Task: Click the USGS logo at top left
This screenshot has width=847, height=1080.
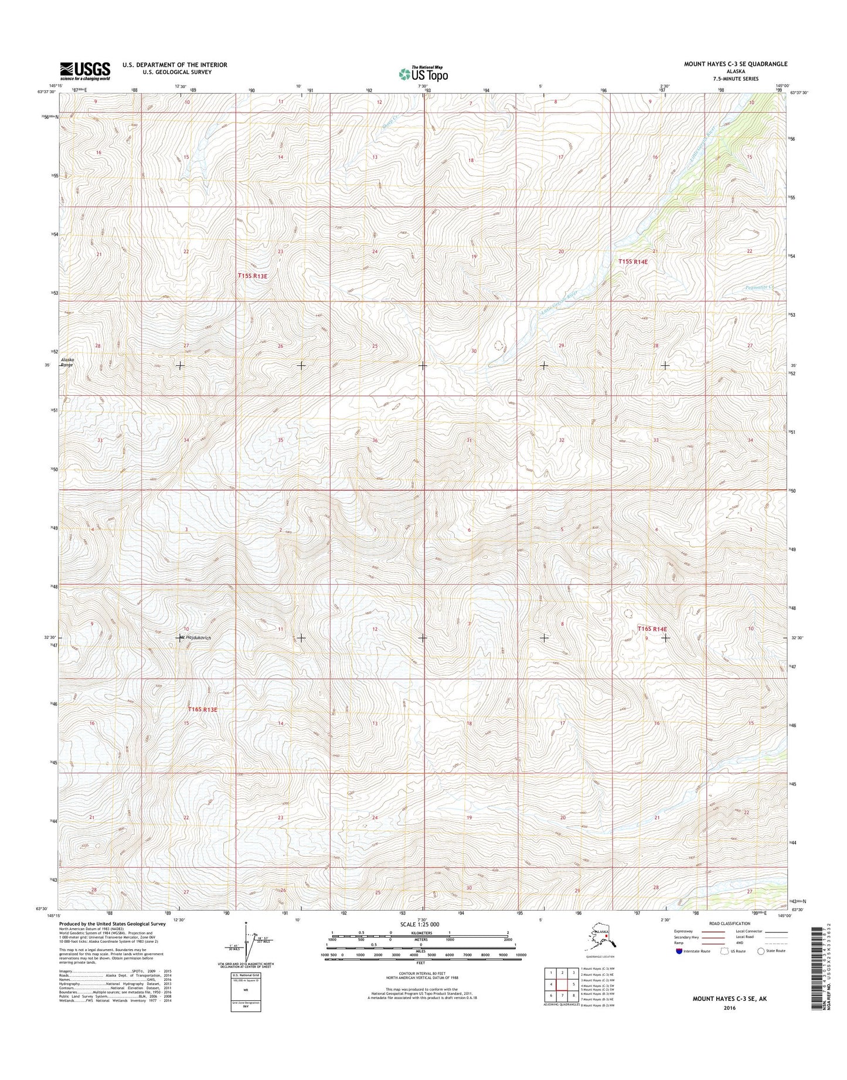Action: coord(84,71)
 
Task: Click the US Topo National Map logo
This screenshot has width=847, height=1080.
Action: coord(423,73)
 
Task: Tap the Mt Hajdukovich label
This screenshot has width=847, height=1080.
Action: coord(195,637)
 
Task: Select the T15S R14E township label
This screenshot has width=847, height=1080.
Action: coord(633,262)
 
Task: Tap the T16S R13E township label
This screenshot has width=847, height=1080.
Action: coord(203,709)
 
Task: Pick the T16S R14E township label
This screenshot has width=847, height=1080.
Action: coord(652,629)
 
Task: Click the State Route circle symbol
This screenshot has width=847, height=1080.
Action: coord(761,967)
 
